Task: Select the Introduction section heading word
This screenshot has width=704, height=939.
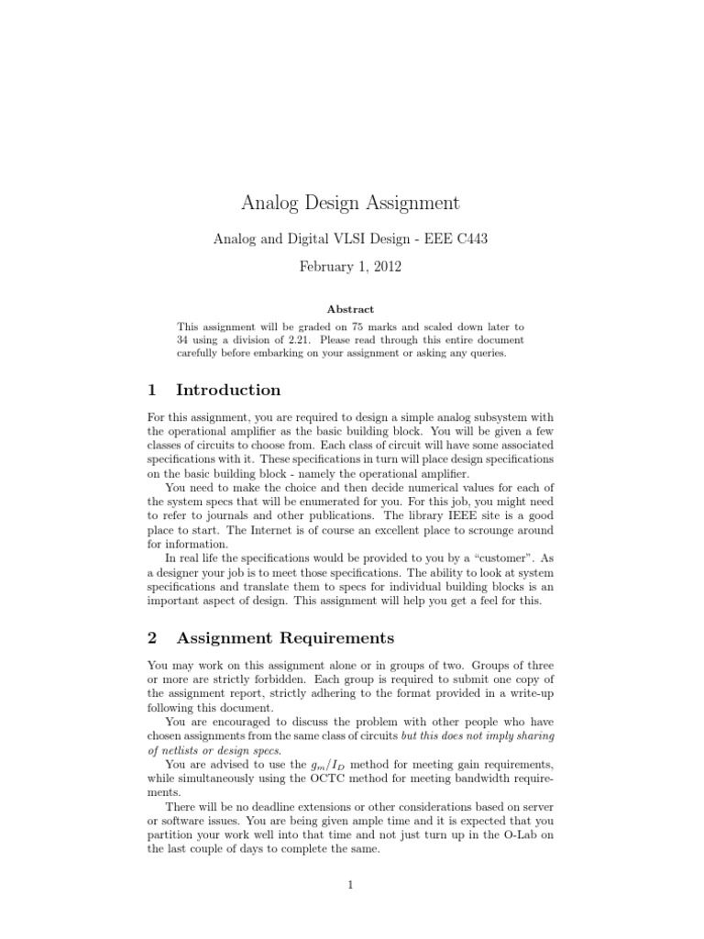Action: coord(228,390)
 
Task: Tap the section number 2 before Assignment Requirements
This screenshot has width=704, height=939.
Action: coord(152,637)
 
